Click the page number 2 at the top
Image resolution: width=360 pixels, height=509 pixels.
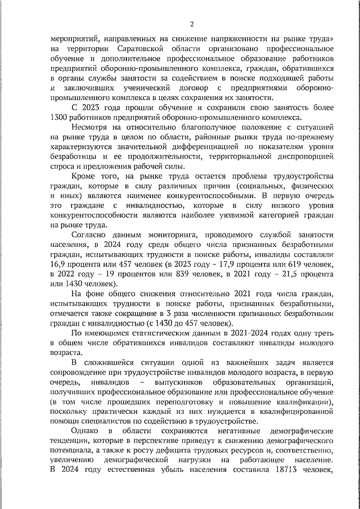192,24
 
